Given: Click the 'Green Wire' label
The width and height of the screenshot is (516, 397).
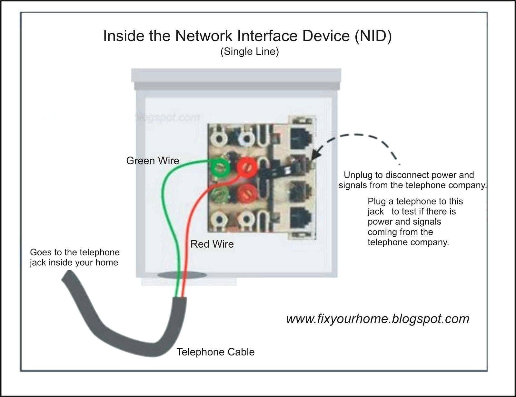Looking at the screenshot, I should click(152, 160).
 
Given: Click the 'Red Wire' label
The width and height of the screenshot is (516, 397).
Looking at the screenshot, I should click(212, 244).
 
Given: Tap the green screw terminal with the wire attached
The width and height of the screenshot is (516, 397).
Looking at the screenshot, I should click(220, 167).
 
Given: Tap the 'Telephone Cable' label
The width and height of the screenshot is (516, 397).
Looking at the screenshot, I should click(215, 352).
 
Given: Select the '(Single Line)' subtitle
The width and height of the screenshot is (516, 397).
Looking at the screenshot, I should click(249, 52).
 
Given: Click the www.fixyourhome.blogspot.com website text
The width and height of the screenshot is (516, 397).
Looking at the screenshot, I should click(378, 319).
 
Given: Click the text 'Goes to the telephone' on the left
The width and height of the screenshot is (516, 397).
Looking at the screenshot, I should click(74, 252).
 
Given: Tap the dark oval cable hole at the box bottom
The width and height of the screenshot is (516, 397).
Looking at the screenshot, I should click(182, 275).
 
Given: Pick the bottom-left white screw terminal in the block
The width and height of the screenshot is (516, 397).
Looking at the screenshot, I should click(220, 220).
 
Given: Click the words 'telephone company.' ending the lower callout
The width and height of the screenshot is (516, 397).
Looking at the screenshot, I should click(408, 242).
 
